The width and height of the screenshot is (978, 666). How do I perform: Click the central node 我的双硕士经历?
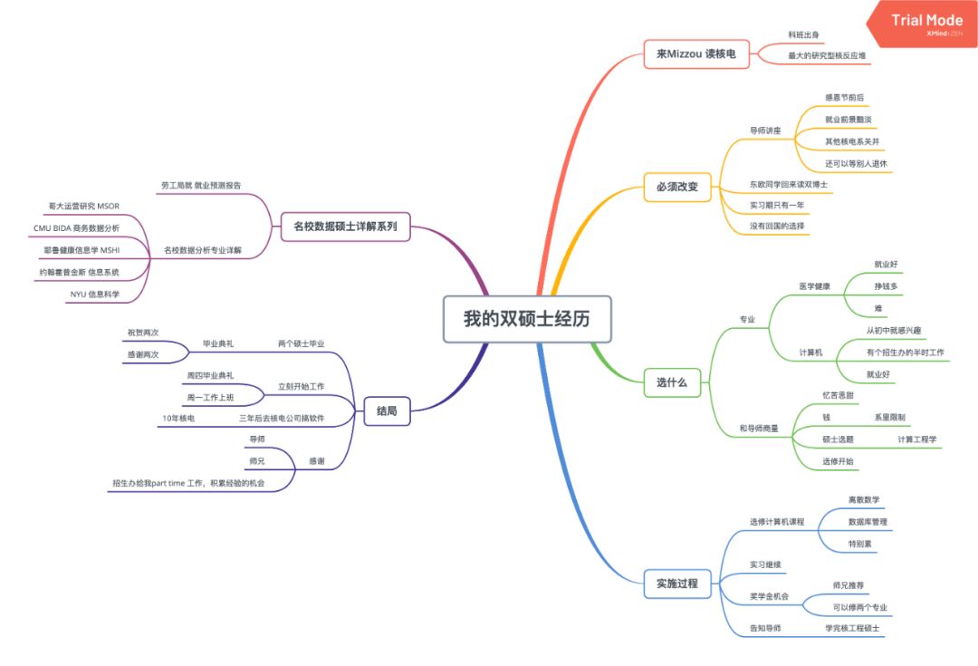pos(526,319)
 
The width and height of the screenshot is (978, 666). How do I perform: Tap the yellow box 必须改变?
pos(677,187)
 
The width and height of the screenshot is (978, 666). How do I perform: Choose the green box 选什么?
pos(671,382)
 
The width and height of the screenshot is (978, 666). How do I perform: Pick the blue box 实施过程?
pos(677,584)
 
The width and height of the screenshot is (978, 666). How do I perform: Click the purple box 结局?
pos(387,411)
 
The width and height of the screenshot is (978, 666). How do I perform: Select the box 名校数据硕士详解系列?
pos(345,226)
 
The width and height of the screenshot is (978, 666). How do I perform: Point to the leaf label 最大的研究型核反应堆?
pos(827,56)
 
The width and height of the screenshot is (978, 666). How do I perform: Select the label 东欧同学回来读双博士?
pos(788,184)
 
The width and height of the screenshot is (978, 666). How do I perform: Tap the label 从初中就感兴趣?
pos(896,331)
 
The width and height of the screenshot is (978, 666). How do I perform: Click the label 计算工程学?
pos(916,439)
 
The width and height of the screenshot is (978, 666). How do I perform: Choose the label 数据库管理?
pos(867,522)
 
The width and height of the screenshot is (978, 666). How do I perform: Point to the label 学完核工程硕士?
pos(852,628)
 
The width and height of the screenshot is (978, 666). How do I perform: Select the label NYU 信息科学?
pos(94,294)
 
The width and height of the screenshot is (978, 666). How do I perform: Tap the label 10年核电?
pos(178,418)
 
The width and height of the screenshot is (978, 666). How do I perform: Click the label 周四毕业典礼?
pos(210,375)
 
